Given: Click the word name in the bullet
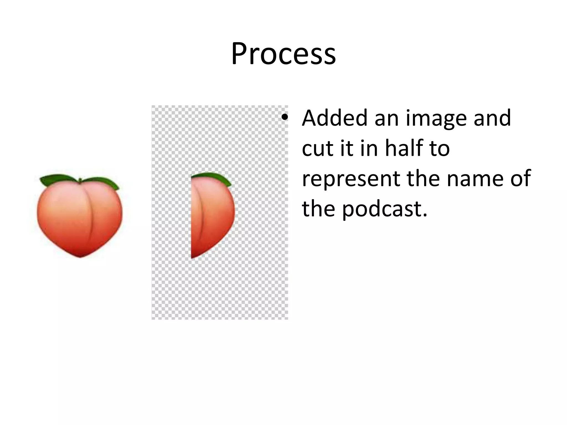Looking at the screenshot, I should pyautogui.click(x=476, y=178).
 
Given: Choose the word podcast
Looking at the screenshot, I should pyautogui.click(x=385, y=209).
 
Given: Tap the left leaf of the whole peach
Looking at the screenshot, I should pyautogui.click(x=57, y=180).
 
